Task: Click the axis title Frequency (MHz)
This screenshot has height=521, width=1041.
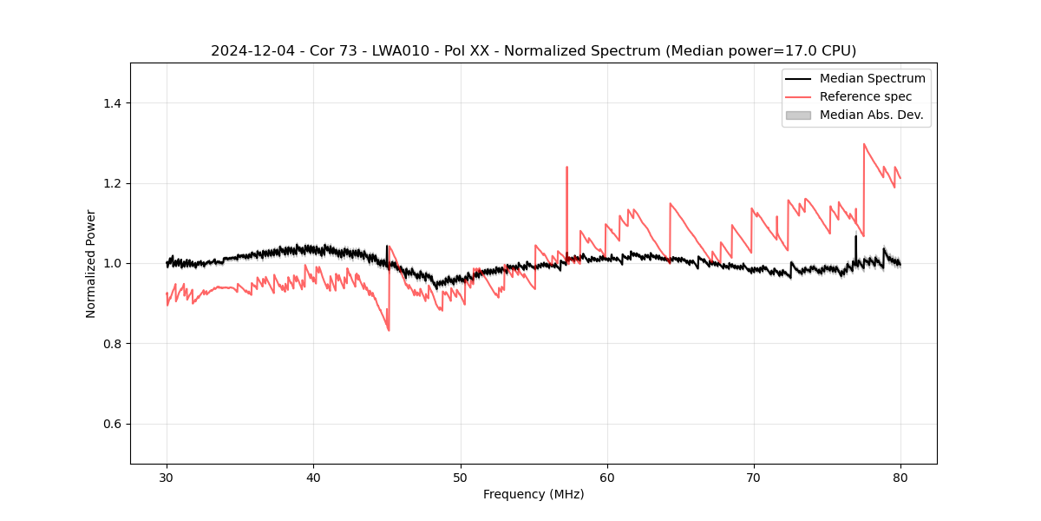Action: pyautogui.click(x=534, y=494)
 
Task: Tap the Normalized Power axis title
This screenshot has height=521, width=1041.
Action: pyautogui.click(x=91, y=263)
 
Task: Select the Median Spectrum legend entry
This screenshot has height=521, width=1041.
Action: pyautogui.click(x=872, y=78)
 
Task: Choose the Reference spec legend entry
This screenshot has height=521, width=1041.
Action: pyautogui.click(x=865, y=96)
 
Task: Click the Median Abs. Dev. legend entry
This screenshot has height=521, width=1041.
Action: pyautogui.click(x=871, y=115)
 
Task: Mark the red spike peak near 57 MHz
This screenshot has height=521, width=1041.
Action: pyautogui.click(x=566, y=167)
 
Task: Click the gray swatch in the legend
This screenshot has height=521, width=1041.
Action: pyautogui.click(x=797, y=115)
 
